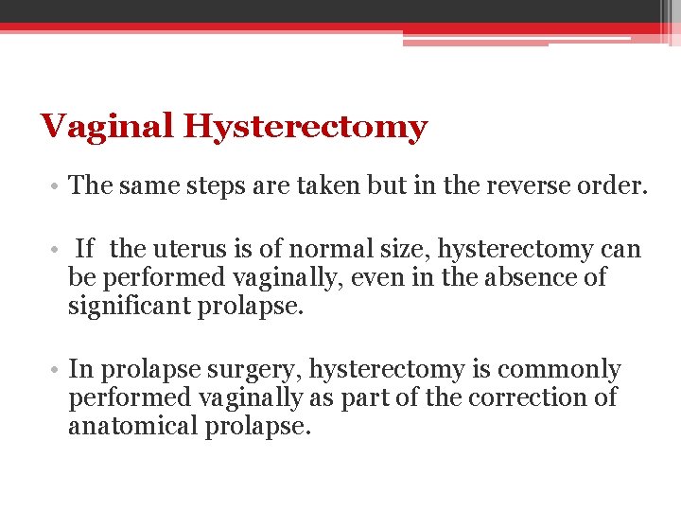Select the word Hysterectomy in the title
point(306,127)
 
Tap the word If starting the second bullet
point(84,250)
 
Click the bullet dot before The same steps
point(59,185)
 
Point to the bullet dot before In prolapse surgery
point(59,370)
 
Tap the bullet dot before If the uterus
point(59,251)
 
